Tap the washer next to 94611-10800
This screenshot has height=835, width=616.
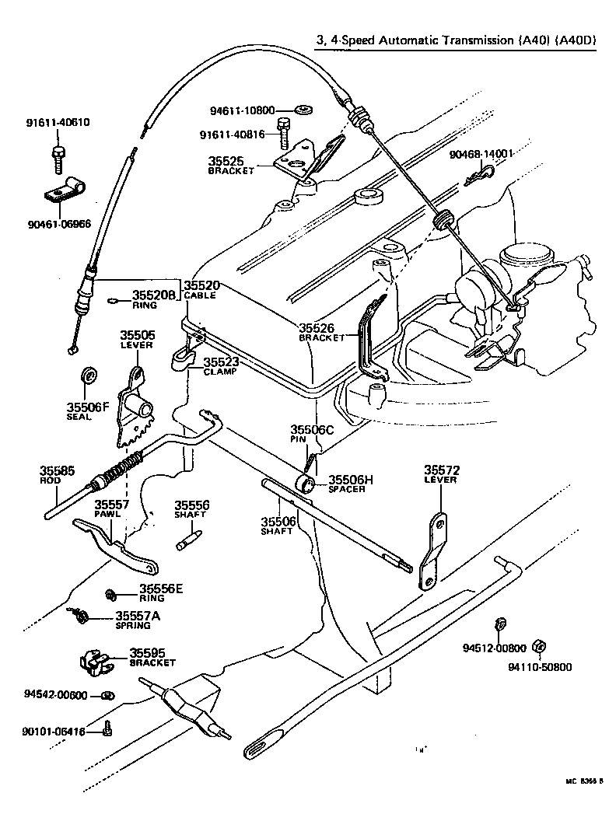click(x=305, y=108)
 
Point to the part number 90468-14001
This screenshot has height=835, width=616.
click(x=481, y=154)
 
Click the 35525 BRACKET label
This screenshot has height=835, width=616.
click(x=231, y=165)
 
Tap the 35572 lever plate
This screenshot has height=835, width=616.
click(x=433, y=552)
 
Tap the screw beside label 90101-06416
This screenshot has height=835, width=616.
click(x=108, y=728)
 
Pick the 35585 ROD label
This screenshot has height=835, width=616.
click(x=57, y=474)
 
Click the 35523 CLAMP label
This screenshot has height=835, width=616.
click(x=221, y=366)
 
